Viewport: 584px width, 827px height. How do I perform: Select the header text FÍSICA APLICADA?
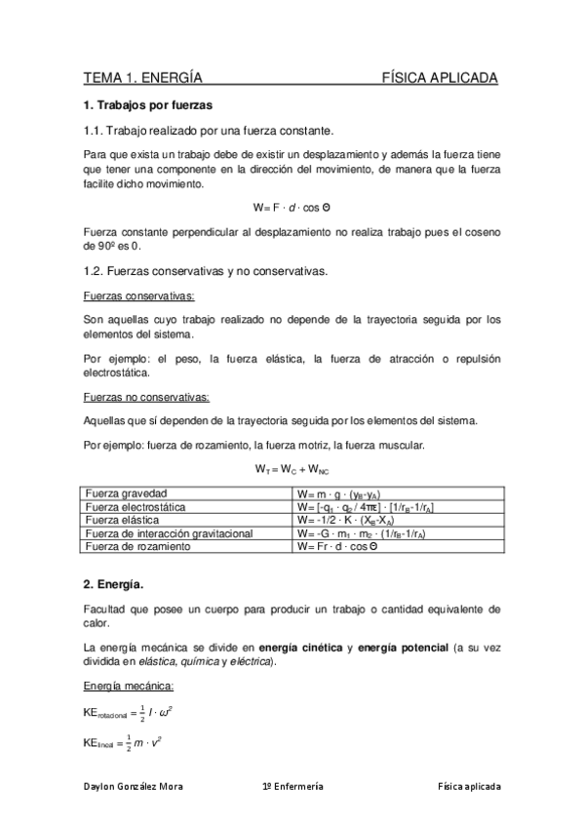(440, 77)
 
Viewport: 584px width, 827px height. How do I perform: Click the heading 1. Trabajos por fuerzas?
(147, 104)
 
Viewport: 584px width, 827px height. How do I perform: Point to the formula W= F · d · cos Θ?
(292, 208)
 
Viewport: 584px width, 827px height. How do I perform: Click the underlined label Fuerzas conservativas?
(138, 295)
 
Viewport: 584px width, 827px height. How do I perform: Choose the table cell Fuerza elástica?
(125, 521)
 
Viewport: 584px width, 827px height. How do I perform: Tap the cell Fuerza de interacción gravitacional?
(171, 533)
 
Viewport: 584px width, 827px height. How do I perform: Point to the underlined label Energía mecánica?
(128, 686)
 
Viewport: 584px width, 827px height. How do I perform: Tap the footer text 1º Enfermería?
(293, 786)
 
